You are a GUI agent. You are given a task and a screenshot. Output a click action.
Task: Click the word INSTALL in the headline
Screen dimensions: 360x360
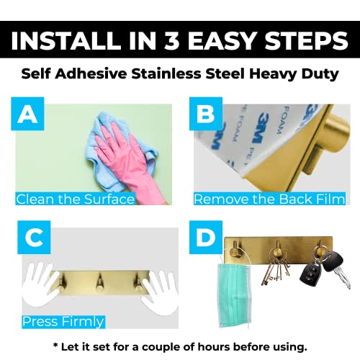pyautogui.click(x=66, y=40)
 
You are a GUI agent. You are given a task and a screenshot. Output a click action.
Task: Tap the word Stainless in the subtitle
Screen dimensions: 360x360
pyautogui.click(x=166, y=73)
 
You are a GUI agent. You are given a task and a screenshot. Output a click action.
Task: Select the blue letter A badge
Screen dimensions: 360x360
pyautogui.click(x=27, y=114)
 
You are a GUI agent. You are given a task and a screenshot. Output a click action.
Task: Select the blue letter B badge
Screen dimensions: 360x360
pyautogui.click(x=206, y=114)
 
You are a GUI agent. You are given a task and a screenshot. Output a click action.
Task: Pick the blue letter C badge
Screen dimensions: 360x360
pyautogui.click(x=34, y=238)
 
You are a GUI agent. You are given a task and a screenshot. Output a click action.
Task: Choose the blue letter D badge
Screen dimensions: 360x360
pyautogui.click(x=206, y=238)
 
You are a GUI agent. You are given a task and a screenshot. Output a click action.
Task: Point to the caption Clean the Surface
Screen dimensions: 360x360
pyautogui.click(x=76, y=199)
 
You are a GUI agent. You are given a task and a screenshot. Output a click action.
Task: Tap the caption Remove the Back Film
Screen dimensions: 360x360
pyautogui.click(x=269, y=199)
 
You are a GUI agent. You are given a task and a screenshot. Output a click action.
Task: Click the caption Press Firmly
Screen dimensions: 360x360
pyautogui.click(x=63, y=322)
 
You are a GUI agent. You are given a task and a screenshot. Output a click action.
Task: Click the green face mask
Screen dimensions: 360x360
pyautogui.click(x=235, y=295)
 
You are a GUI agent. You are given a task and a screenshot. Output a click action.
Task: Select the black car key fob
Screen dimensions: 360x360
pyautogui.click(x=309, y=273)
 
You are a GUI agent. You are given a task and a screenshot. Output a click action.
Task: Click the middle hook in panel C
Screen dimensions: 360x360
pyautogui.click(x=99, y=283)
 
